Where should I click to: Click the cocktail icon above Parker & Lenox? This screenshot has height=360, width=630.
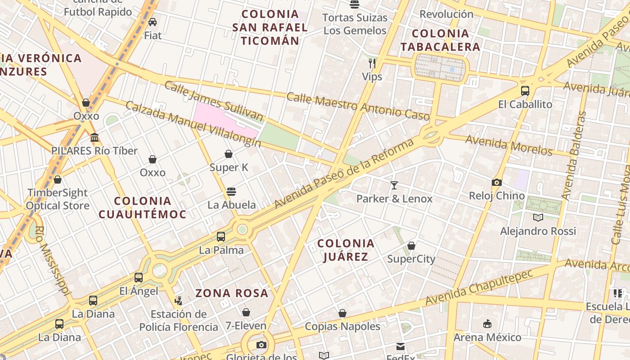tap(394, 185)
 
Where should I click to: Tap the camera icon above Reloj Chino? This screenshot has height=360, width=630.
tap(496, 182)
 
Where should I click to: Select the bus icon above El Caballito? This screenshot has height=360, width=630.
tap(525, 90)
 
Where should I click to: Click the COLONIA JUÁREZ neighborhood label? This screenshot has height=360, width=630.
tap(346, 250)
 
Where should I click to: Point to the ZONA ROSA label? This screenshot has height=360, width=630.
tap(232, 293)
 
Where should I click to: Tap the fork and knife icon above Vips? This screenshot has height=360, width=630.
tap(372, 63)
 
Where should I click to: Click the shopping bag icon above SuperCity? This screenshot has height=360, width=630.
tap(411, 246)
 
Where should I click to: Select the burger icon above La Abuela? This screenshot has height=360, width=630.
tap(231, 192)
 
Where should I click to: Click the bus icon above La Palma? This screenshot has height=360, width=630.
tap(220, 237)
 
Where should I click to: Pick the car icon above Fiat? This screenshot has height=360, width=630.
tap(153, 22)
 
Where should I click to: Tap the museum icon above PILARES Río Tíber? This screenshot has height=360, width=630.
tap(94, 137)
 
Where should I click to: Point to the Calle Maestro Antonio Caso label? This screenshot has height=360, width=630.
tap(358, 107)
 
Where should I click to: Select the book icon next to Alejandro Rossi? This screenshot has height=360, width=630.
tap(538, 218)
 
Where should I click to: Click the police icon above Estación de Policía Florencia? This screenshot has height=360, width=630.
tap(179, 301)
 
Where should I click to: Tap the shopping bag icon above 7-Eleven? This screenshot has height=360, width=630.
tap(246, 312)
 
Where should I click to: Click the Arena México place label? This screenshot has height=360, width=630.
tap(487, 337)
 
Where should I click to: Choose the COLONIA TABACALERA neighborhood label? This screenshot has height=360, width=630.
tap(440, 40)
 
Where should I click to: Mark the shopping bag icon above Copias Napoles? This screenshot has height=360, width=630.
tap(342, 313)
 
